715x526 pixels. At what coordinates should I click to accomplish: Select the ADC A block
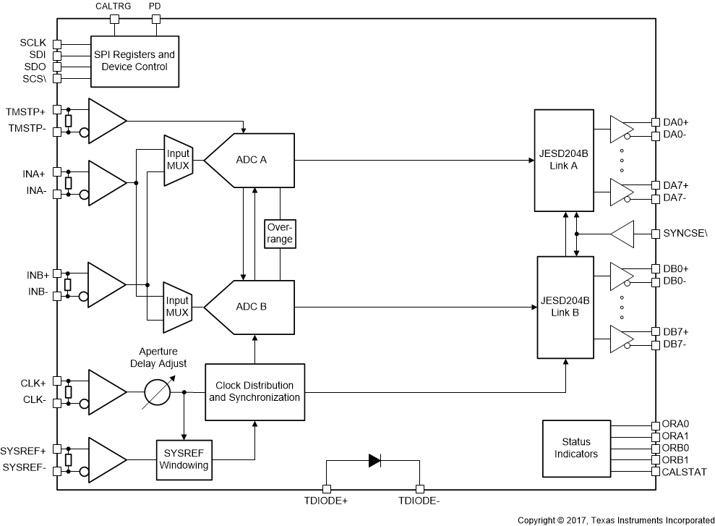[x=252, y=160]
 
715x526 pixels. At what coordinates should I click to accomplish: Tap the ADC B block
[x=252, y=307]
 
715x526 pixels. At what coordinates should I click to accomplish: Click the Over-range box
[x=281, y=232]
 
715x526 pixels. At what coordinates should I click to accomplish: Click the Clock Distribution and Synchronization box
[x=254, y=391]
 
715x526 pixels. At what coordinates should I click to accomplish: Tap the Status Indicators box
[x=575, y=448]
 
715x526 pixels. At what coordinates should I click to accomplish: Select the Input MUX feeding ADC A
[x=177, y=160]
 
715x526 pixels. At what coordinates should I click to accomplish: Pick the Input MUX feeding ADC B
[x=177, y=307]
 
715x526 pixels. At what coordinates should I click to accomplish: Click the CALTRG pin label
[x=114, y=7]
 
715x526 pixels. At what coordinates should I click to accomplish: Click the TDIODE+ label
[x=325, y=501]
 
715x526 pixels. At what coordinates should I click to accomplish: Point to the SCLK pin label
[x=33, y=43]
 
